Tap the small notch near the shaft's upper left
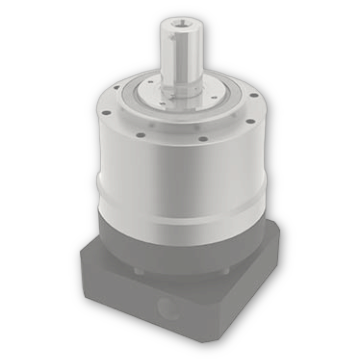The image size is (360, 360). tap(171, 38)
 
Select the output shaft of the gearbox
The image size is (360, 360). tap(181, 60)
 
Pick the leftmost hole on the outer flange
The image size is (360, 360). tap(106, 113)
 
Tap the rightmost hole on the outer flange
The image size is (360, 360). tap(251, 121)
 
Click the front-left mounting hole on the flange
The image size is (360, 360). tap(141, 135)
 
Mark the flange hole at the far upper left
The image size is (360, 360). tap(116, 87)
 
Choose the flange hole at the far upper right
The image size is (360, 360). tap(254, 95)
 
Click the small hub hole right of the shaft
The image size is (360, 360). tap(214, 98)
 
